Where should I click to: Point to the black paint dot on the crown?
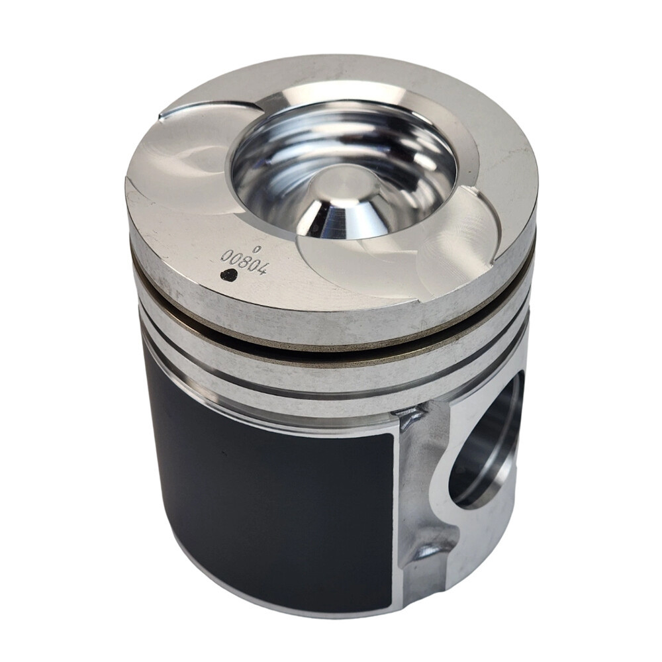pos(228,275)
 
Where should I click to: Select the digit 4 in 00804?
pos(261,269)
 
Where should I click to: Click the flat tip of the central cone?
pos(342,185)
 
